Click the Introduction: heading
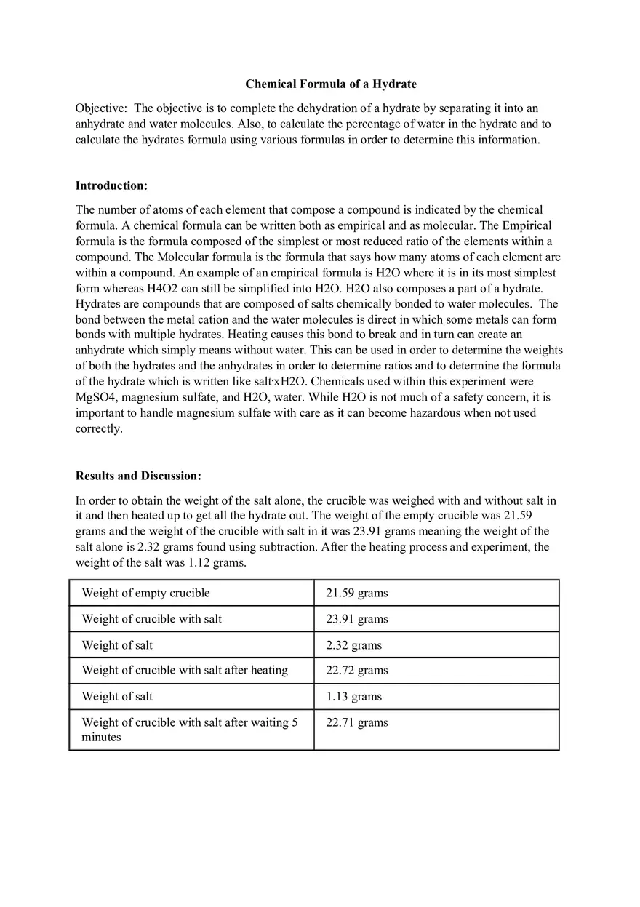(111, 185)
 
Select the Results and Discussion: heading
(138, 476)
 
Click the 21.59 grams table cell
(356, 593)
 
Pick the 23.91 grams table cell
(356, 619)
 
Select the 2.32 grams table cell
(353, 645)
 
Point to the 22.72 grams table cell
(356, 670)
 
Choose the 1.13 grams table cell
(353, 696)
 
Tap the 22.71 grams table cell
(356, 722)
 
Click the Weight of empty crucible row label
(145, 593)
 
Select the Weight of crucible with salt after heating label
(185, 670)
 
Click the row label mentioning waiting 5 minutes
(189, 729)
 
